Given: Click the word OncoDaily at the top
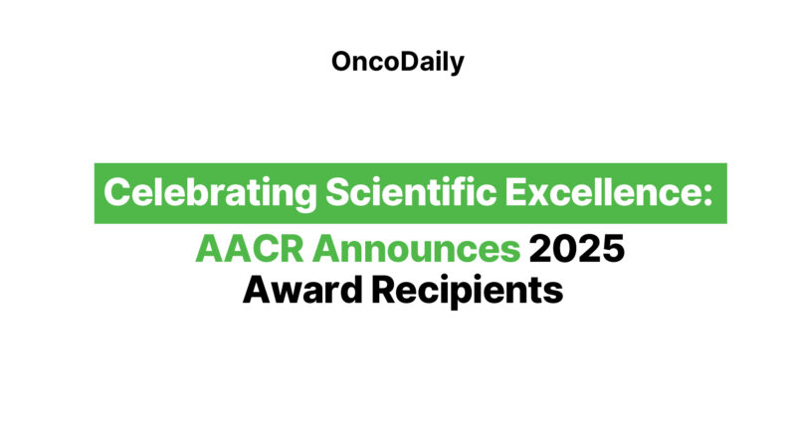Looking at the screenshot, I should pos(397,63).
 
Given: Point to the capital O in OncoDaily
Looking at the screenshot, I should pos(341,63).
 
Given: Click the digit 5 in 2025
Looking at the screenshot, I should pos(612,249).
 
